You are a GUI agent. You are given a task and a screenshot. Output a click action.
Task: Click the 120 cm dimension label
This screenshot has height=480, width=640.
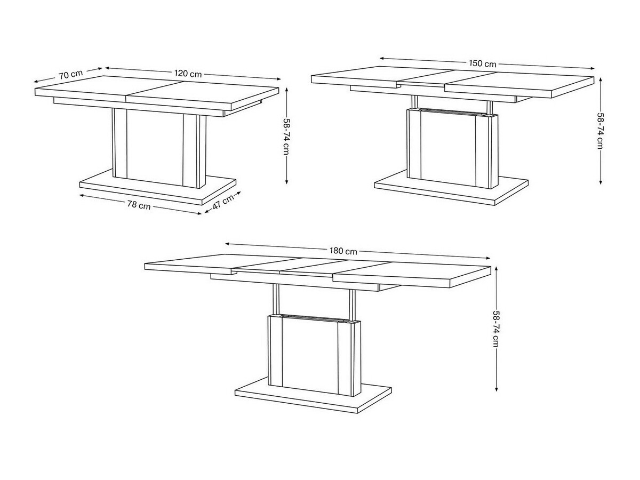188,74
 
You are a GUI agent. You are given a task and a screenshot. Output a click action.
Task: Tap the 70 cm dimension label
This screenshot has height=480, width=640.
70,74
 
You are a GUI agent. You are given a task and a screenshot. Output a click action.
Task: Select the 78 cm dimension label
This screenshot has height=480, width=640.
139,205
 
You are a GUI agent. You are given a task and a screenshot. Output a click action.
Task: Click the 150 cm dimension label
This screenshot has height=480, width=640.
483,63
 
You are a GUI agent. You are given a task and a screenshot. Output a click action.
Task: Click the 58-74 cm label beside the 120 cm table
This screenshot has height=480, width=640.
286,136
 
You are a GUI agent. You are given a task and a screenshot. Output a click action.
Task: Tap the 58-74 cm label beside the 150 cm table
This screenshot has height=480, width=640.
601,131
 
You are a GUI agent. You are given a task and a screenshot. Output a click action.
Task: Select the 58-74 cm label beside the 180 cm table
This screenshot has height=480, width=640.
496,329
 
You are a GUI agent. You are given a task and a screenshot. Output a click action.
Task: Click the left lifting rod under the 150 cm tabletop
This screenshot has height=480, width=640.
413,102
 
